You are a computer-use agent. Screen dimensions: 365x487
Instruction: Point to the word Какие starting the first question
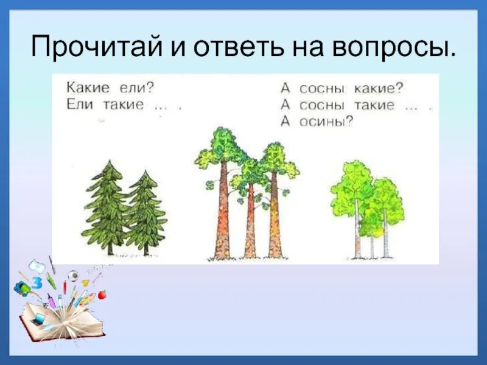tap(86, 88)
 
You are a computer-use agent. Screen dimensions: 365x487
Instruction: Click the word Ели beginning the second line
tap(77, 104)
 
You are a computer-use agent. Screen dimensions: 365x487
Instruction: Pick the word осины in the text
tap(324, 120)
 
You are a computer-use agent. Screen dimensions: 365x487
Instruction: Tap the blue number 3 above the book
tap(37, 282)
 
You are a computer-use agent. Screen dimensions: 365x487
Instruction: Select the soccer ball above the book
tap(73, 275)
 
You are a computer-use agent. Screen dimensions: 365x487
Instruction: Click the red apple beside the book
tap(102, 294)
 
